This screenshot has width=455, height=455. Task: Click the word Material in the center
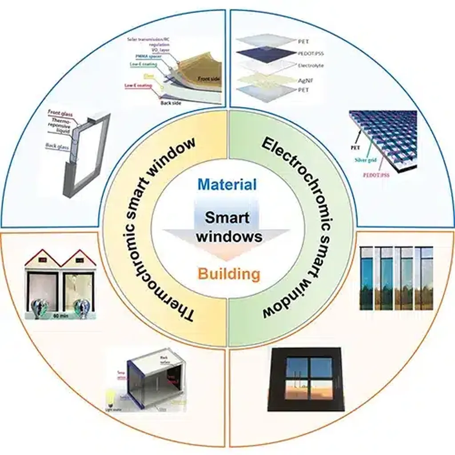pyautogui.click(x=227, y=184)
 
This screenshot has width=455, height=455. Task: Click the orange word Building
pyautogui.click(x=228, y=274)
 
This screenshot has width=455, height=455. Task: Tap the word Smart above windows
pyautogui.click(x=227, y=218)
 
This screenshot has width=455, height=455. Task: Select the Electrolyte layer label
pyautogui.click(x=311, y=66)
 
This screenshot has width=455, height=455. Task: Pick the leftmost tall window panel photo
pyautogui.click(x=367, y=279)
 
